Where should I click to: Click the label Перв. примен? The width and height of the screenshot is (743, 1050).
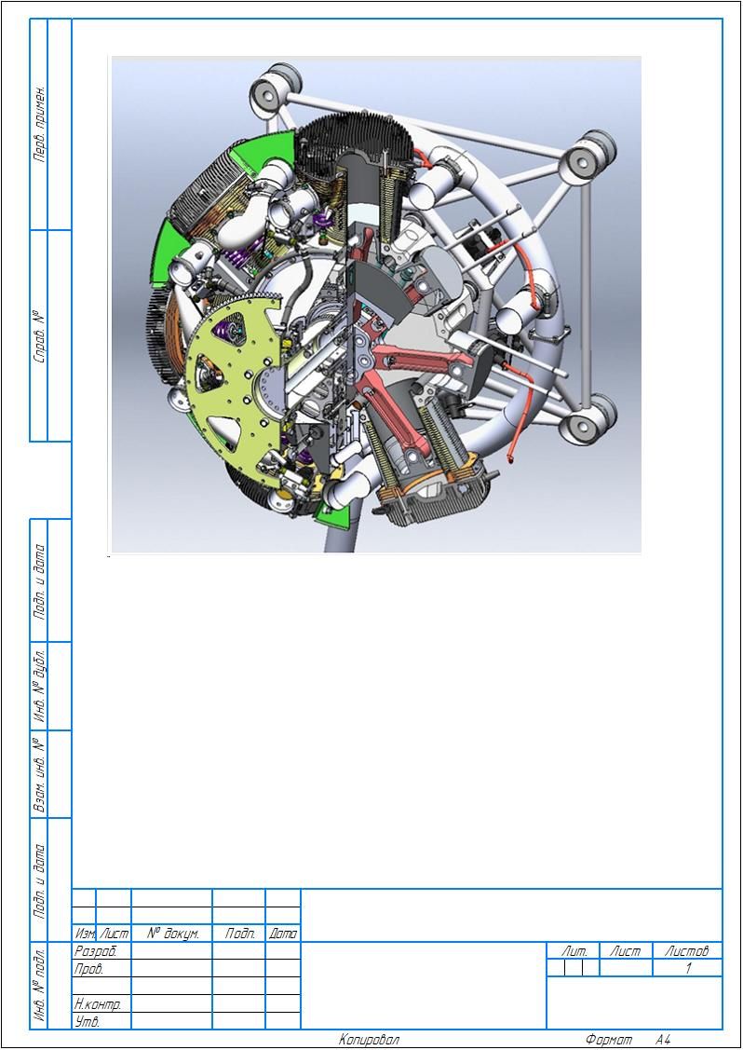point(39,124)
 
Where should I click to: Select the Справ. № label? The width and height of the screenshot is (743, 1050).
point(39,337)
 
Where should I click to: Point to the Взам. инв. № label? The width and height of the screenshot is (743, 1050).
point(39,775)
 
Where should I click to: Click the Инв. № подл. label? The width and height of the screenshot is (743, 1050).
point(39,986)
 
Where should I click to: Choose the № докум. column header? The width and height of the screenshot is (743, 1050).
point(172,933)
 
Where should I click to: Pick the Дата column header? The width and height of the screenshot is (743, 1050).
point(282,933)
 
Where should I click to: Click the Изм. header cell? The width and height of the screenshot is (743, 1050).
point(84,933)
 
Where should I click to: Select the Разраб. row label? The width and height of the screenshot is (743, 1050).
point(95,951)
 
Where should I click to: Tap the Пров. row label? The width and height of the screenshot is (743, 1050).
point(89,968)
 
